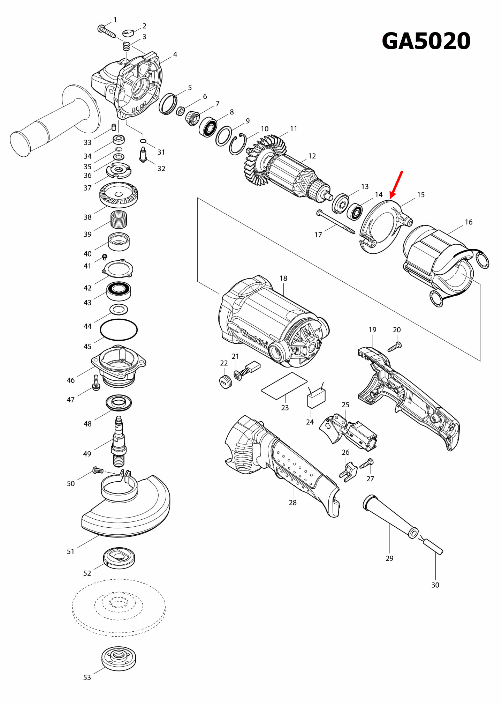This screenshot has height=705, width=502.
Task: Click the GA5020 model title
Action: pos(426,41)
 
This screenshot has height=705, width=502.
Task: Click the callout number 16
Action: pos(469,222)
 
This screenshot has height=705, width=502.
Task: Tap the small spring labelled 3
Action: pos(126,46)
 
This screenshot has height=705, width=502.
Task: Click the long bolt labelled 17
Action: pos(336,222)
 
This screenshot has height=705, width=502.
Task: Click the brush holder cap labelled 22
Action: pos(226,381)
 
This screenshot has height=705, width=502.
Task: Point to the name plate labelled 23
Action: pos(284,385)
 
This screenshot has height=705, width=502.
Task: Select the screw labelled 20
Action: pos(395,347)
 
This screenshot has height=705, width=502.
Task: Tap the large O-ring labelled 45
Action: pos(119,330)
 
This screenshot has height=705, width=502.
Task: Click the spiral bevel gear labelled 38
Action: pos(119,195)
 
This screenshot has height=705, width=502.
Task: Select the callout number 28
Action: pos(292,503)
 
